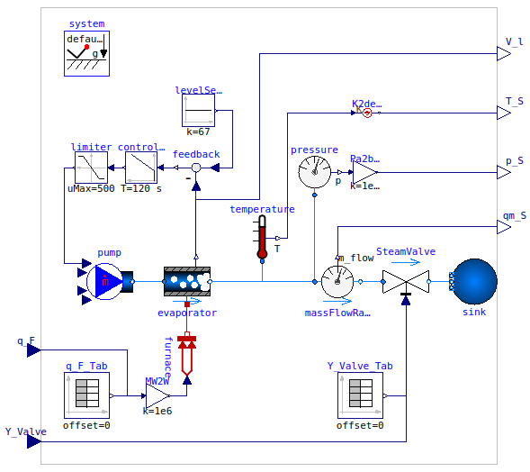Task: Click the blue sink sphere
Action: click(x=474, y=281)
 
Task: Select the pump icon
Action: click(x=108, y=281)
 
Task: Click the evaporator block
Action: click(x=186, y=281)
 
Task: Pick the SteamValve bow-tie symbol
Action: click(x=406, y=281)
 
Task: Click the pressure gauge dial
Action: click(x=314, y=170)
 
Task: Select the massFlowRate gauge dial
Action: click(x=337, y=281)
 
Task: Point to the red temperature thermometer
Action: click(x=262, y=237)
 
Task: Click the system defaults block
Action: click(x=86, y=53)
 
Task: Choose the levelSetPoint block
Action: click(x=198, y=111)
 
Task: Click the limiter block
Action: click(x=91, y=168)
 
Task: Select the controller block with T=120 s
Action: click(x=141, y=168)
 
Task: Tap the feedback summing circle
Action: click(x=195, y=168)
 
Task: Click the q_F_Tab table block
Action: click(x=86, y=395)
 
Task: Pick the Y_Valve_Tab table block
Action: click(x=360, y=395)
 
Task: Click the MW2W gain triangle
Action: click(x=157, y=395)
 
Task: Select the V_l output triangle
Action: click(x=503, y=54)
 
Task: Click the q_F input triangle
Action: click(x=33, y=350)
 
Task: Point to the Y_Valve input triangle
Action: click(x=33, y=441)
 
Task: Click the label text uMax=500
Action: click(x=91, y=188)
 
